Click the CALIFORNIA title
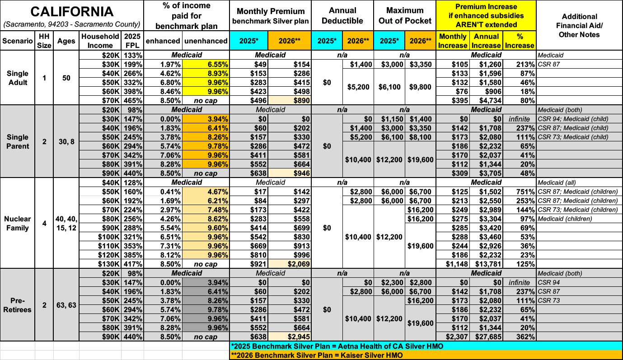(x=71, y=11)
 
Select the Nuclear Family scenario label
(x=17, y=223)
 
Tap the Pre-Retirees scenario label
(x=17, y=305)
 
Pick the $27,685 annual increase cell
(x=485, y=337)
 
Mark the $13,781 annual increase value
(x=485, y=264)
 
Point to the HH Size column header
(x=44, y=41)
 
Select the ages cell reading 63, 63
(x=66, y=305)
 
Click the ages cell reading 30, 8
(x=66, y=141)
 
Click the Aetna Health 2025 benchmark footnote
(x=337, y=346)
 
